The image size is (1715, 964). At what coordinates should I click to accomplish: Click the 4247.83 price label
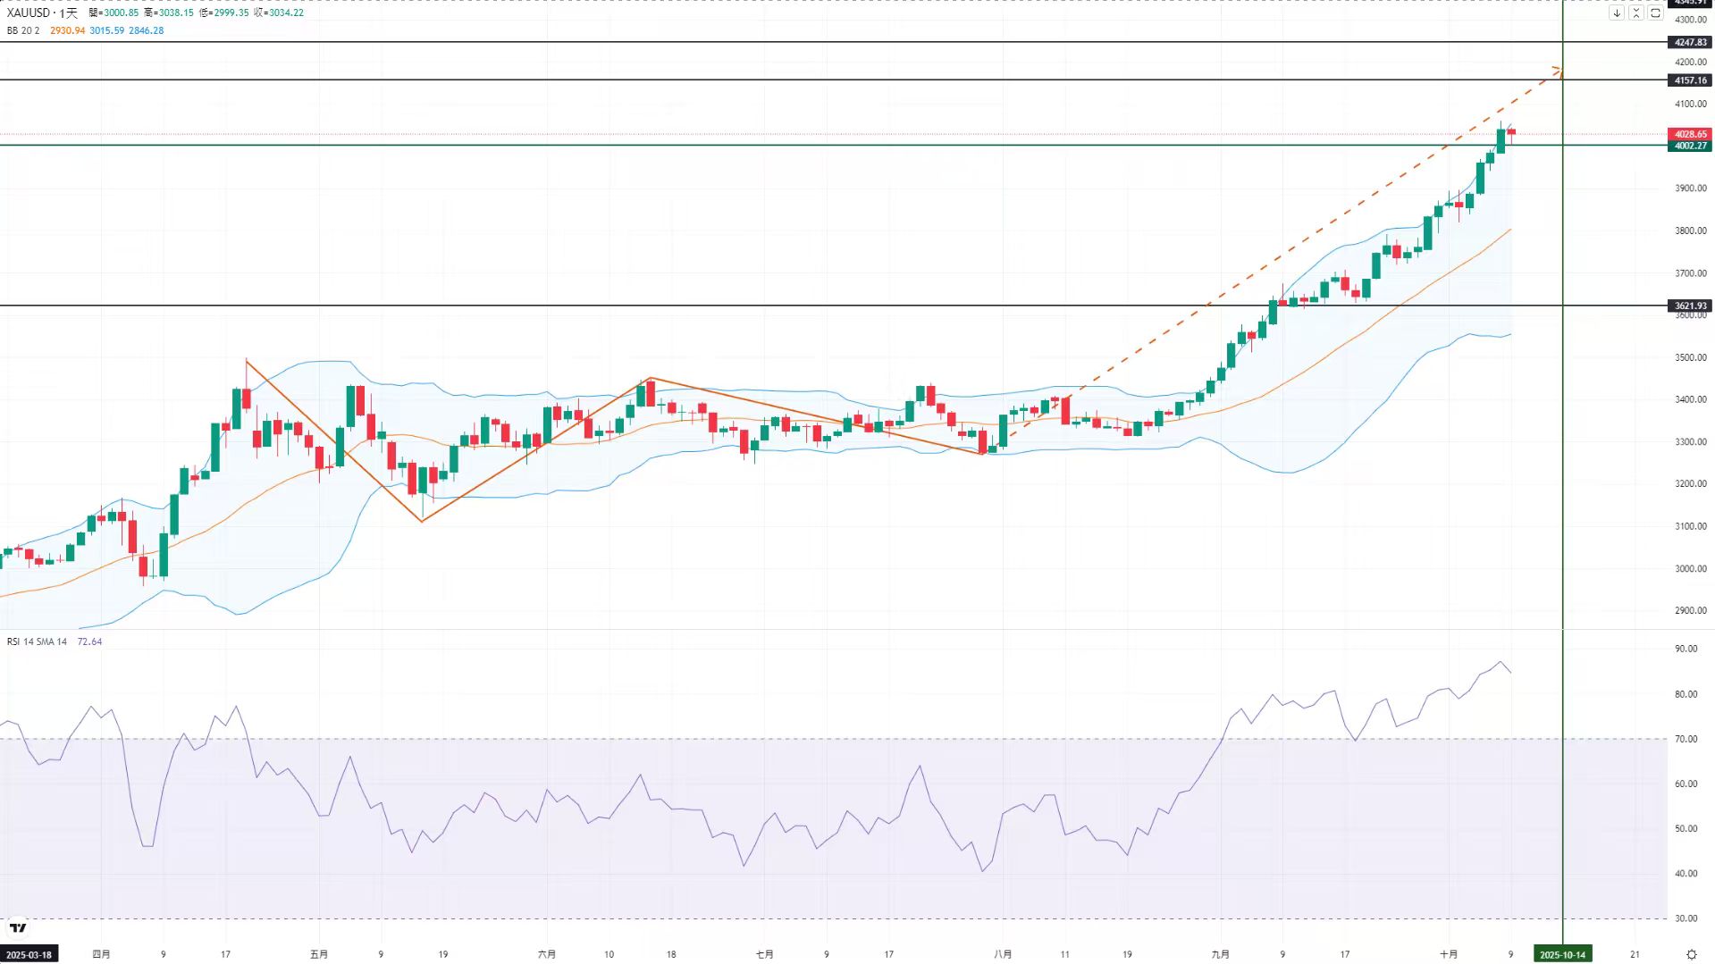pyautogui.click(x=1690, y=42)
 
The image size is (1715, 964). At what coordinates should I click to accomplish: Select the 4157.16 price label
pyautogui.click(x=1690, y=80)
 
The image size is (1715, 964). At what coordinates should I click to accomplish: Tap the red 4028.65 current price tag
pyautogui.click(x=1690, y=134)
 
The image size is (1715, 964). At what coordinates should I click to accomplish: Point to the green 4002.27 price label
pyautogui.click(x=1690, y=146)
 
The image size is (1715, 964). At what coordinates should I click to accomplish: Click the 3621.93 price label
pyautogui.click(x=1690, y=306)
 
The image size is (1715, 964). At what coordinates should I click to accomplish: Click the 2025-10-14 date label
pyautogui.click(x=1562, y=954)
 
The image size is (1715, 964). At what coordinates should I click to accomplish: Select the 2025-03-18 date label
pyautogui.click(x=29, y=954)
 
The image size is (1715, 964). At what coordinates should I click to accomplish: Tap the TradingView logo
pyautogui.click(x=18, y=928)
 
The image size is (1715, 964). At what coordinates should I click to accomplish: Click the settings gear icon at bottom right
pyautogui.click(x=1691, y=954)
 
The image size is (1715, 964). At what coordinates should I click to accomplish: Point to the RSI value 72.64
pyautogui.click(x=89, y=641)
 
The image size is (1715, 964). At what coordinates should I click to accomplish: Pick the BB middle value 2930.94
pyautogui.click(x=67, y=30)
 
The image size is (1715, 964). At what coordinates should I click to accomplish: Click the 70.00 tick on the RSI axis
pyautogui.click(x=1686, y=739)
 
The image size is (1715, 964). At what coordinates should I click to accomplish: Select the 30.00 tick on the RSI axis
pyautogui.click(x=1686, y=918)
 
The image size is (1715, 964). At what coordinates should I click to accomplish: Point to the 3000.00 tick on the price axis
pyautogui.click(x=1690, y=568)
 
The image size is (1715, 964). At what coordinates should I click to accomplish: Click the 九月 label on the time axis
pyautogui.click(x=1220, y=954)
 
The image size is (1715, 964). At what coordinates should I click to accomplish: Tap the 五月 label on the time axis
pyautogui.click(x=319, y=954)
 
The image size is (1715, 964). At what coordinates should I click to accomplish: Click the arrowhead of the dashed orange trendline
pyautogui.click(x=1558, y=69)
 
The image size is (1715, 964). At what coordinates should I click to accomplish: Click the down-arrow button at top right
pyautogui.click(x=1617, y=13)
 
